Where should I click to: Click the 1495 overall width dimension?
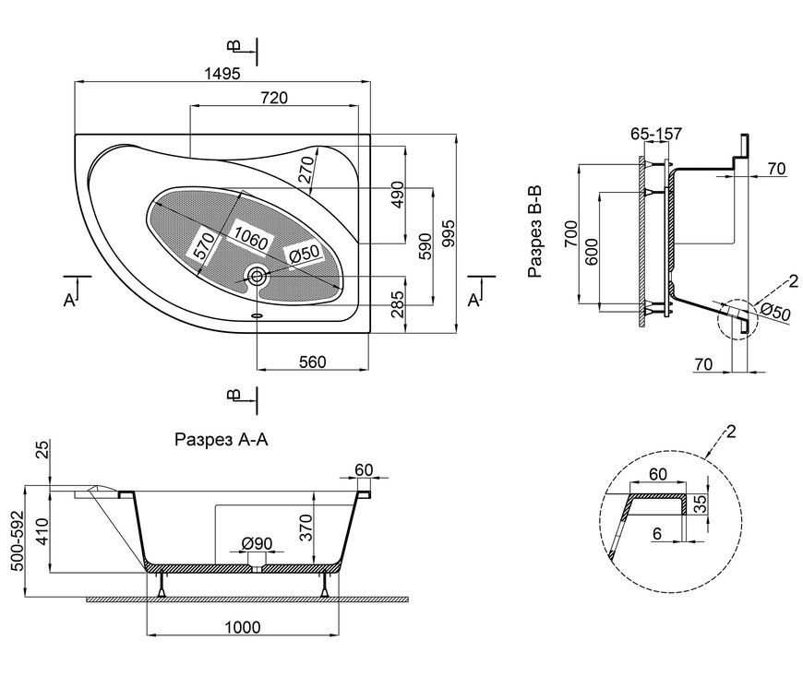222,74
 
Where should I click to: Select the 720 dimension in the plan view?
274,97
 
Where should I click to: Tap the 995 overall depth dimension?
448,233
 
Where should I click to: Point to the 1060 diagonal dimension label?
251,237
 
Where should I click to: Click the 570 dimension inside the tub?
203,245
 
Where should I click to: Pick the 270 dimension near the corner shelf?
306,169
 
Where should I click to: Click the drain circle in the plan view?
257,277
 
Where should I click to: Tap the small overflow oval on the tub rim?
258,315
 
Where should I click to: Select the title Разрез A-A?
222,440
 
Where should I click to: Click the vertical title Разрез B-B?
535,232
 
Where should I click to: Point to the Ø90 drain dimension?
257,543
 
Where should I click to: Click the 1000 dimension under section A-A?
243,627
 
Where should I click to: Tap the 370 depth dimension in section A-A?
306,528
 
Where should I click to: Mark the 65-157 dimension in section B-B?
656,134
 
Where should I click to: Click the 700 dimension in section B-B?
571,234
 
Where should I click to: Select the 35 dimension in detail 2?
700,504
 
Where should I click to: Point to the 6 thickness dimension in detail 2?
657,534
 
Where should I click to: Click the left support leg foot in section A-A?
162,594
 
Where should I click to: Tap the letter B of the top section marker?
234,46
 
